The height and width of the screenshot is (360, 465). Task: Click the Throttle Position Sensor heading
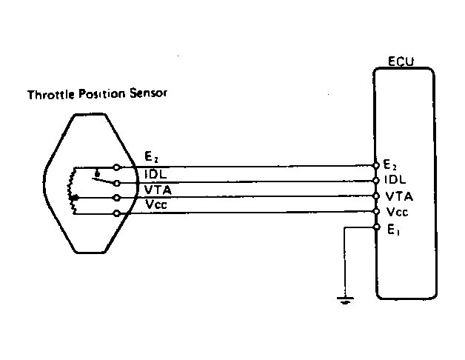tap(97, 95)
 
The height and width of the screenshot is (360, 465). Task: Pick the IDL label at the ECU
tap(395, 180)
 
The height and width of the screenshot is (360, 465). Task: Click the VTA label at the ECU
tap(398, 196)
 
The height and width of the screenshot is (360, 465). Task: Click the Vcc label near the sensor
tap(157, 204)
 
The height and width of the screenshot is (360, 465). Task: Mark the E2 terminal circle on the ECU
tap(377, 164)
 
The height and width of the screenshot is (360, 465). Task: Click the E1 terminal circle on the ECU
tap(377, 227)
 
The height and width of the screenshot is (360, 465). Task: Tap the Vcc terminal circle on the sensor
tap(116, 213)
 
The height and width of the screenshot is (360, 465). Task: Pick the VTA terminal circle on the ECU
tap(377, 196)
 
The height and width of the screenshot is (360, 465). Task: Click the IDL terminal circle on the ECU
tap(377, 180)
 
